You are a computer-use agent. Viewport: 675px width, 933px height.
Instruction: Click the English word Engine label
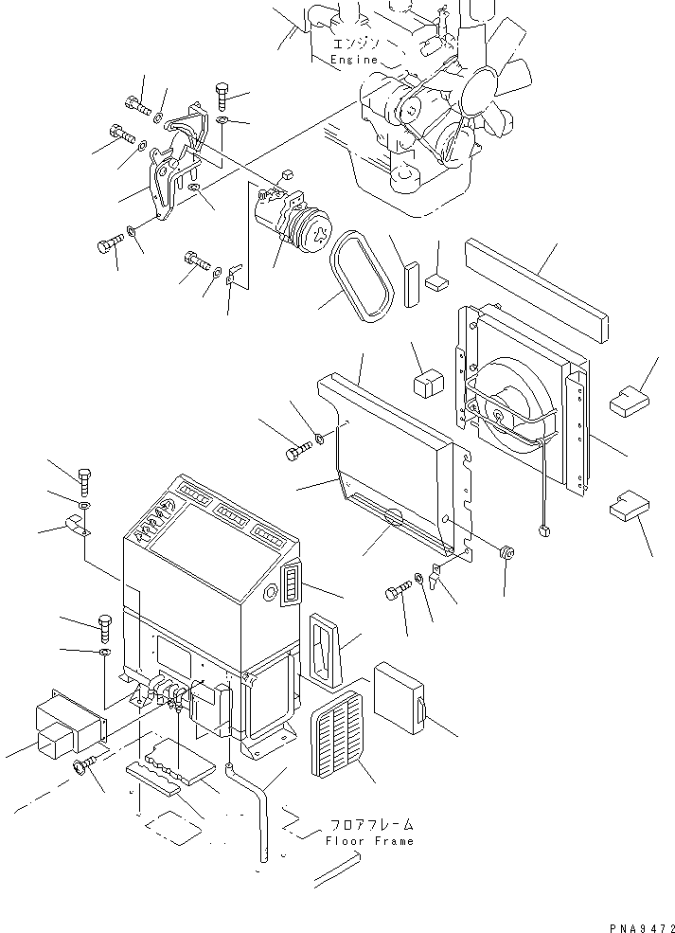354,60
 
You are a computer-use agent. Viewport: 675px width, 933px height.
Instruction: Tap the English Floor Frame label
368,840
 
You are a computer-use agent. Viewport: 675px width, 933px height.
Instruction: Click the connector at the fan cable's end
542,528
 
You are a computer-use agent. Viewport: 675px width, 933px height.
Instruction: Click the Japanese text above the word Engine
354,44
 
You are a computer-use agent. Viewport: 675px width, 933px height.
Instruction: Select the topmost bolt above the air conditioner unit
83,481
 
